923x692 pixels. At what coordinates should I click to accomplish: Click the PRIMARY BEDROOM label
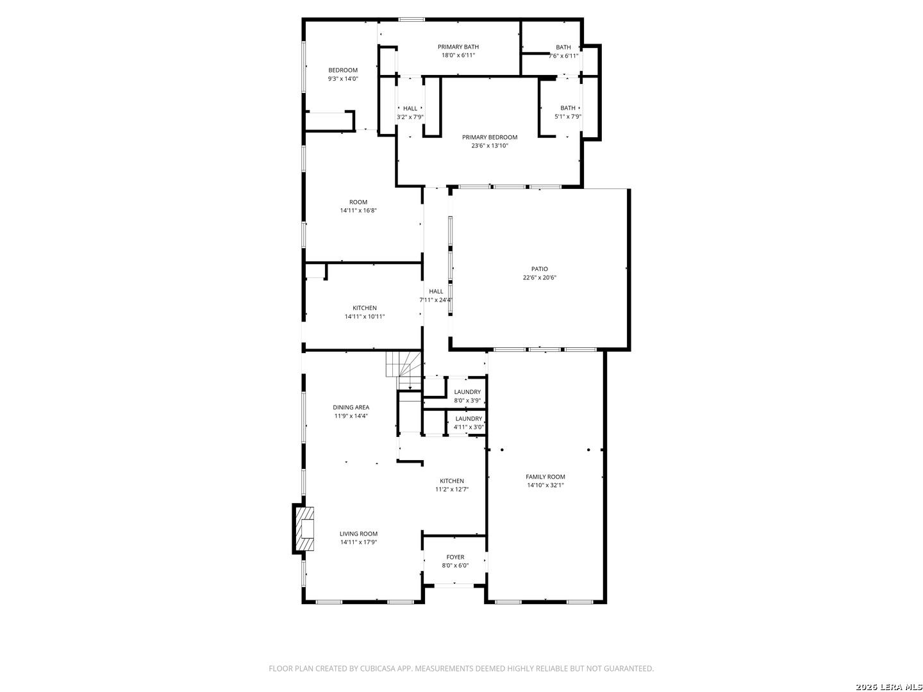[x=489, y=137]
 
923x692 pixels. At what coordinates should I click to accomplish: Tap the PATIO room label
[x=539, y=269]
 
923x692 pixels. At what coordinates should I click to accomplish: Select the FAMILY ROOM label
[x=545, y=477]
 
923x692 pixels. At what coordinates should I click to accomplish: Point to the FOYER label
[x=455, y=557]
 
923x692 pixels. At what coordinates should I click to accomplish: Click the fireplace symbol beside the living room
[x=304, y=529]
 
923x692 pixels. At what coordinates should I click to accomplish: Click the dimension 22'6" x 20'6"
[x=539, y=277]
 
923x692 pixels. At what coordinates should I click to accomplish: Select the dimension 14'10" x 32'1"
[x=545, y=485]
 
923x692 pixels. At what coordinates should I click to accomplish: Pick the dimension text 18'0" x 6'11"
[x=458, y=55]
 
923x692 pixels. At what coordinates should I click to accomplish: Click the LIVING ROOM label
[x=358, y=534]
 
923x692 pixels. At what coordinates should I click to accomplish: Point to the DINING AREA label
[x=351, y=407]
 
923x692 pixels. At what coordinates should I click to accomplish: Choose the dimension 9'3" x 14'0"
[x=343, y=79]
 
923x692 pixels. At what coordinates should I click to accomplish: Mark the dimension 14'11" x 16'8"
[x=358, y=211]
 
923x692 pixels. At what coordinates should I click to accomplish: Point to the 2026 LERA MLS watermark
[x=888, y=686]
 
